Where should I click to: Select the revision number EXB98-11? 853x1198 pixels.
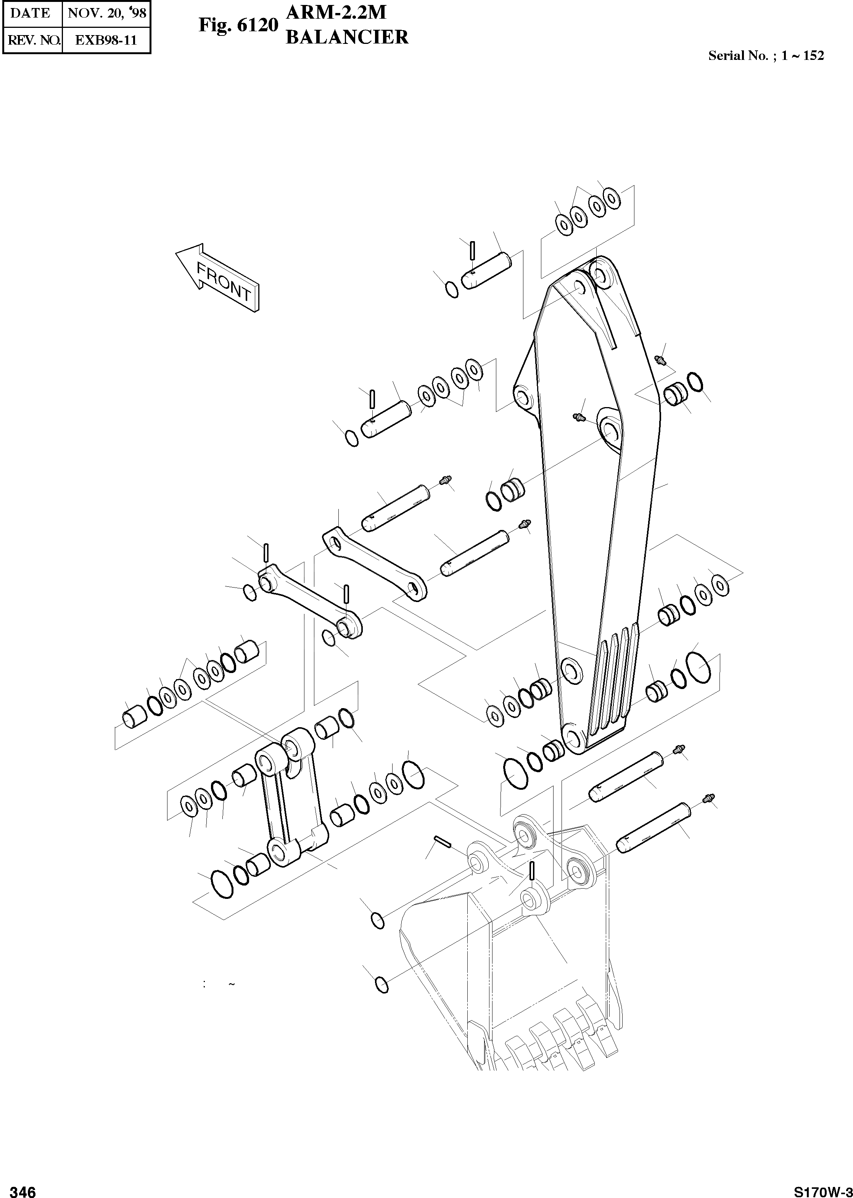(x=106, y=40)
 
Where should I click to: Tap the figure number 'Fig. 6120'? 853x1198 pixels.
(x=237, y=25)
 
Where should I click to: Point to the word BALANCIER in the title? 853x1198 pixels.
(x=347, y=37)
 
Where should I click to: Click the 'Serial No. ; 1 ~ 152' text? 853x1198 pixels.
(x=766, y=56)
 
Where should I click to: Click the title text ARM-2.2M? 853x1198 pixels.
(x=336, y=13)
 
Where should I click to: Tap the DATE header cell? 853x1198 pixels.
(x=31, y=13)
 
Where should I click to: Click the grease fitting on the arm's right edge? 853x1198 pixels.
(x=660, y=360)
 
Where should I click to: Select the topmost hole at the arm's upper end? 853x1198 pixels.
(x=601, y=274)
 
